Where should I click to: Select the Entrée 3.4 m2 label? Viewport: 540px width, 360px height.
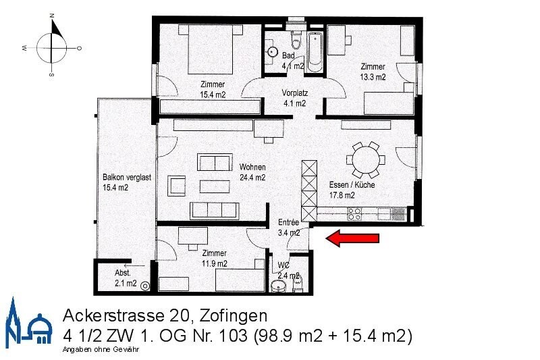(x=289, y=228)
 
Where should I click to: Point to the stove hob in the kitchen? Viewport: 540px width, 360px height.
(x=355, y=214)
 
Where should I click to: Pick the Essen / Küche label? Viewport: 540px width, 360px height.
(x=352, y=189)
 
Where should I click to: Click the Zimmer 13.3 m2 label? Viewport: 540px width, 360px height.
(x=373, y=72)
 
